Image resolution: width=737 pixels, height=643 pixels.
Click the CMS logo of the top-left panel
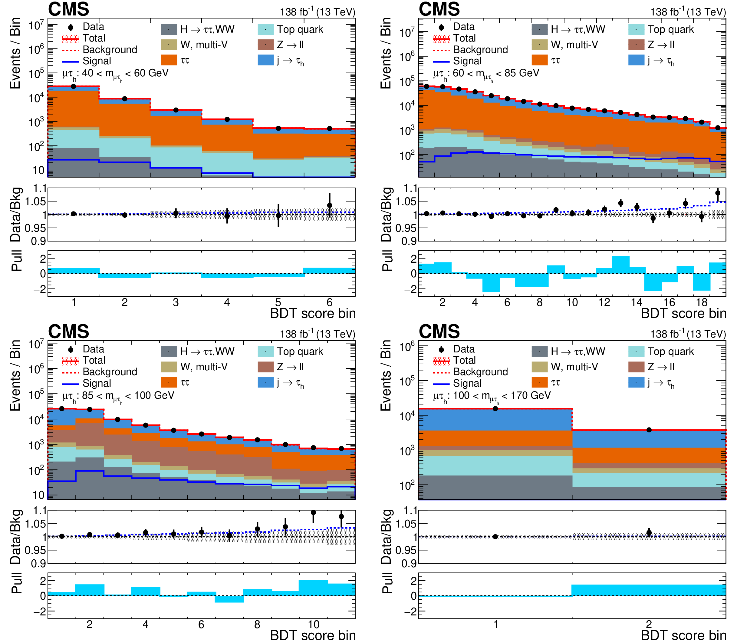coord(68,9)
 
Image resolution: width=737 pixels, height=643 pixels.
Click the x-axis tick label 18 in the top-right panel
coord(702,302)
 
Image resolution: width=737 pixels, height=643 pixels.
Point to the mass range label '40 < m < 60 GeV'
coord(115,74)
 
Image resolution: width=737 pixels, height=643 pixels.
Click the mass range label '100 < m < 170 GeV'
coord(492,396)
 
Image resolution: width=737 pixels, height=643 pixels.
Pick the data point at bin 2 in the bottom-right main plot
coord(649,430)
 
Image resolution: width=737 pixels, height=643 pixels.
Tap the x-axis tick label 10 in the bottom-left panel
coord(313,625)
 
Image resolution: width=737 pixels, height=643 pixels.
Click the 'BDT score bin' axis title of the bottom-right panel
coord(683,635)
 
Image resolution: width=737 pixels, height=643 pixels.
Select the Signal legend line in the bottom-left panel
coord(70,384)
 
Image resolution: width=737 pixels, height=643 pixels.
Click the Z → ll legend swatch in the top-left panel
coord(266,45)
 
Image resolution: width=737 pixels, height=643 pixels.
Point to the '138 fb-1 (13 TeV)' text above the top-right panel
coord(688,12)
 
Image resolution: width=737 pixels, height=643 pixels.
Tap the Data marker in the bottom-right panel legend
coord(441,349)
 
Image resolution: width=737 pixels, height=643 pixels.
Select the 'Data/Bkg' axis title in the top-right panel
coord(386,214)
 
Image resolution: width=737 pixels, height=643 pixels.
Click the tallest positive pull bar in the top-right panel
coord(620,265)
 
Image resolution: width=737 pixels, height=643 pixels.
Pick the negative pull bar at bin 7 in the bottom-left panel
coord(229,599)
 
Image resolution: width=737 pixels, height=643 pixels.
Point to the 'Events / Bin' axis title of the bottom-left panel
coord(15,375)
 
